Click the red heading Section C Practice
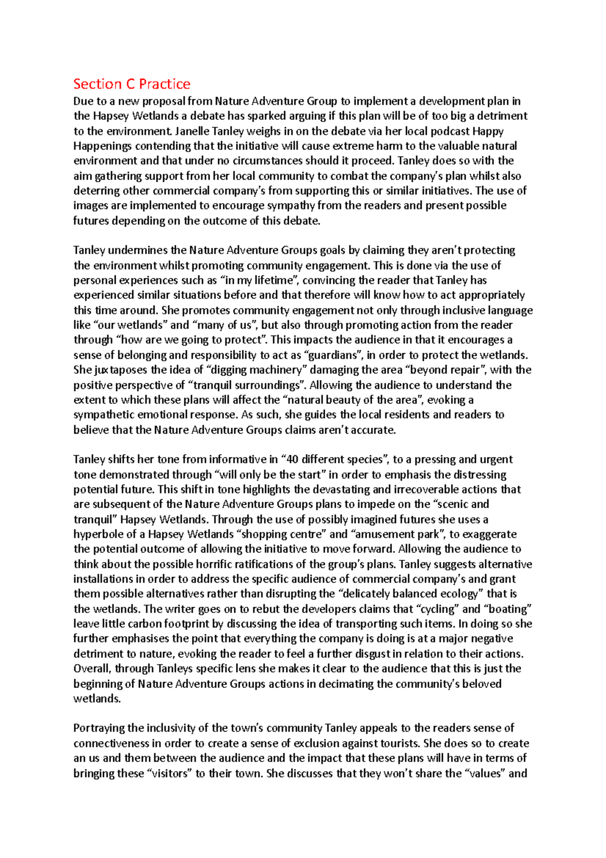click(132, 84)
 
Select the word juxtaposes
click(122, 370)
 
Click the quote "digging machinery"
click(258, 370)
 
